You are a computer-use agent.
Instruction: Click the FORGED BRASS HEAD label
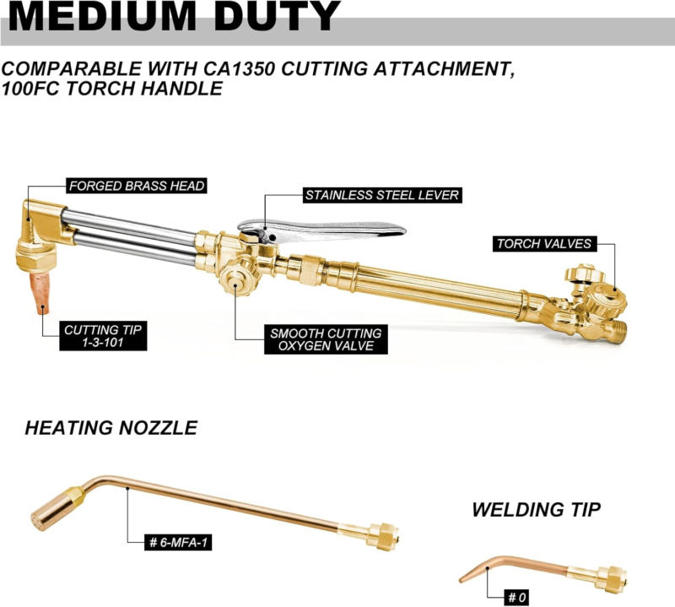point(137,186)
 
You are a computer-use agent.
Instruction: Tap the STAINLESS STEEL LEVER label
point(382,195)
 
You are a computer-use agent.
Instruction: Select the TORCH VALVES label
point(544,244)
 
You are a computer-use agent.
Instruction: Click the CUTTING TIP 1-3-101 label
point(103,336)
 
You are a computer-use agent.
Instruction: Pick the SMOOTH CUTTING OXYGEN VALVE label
point(326,339)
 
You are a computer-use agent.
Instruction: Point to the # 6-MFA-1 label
point(178,542)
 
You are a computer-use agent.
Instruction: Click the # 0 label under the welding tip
point(517,598)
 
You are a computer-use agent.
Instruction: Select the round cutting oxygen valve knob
point(236,280)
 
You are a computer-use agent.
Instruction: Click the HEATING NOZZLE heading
point(111,428)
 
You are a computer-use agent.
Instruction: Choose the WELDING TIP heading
point(537,510)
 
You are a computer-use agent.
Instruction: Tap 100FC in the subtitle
point(30,89)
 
